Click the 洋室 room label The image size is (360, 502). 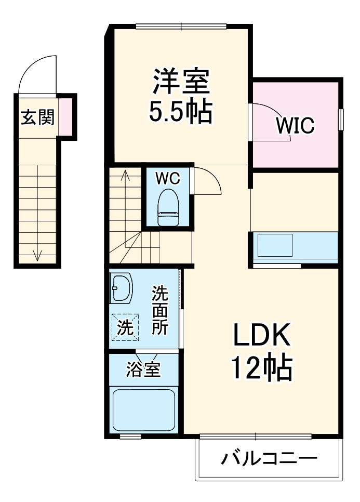180,82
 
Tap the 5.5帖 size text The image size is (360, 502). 180,111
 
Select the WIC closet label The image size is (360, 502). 295,125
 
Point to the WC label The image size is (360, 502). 168,178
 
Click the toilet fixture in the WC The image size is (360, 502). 168,208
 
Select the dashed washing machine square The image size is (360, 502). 124,327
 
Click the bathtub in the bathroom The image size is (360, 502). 144,411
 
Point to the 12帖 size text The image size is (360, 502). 260,367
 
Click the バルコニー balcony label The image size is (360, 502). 269,458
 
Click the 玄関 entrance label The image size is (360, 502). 37,117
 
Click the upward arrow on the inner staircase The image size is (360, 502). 125,177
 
